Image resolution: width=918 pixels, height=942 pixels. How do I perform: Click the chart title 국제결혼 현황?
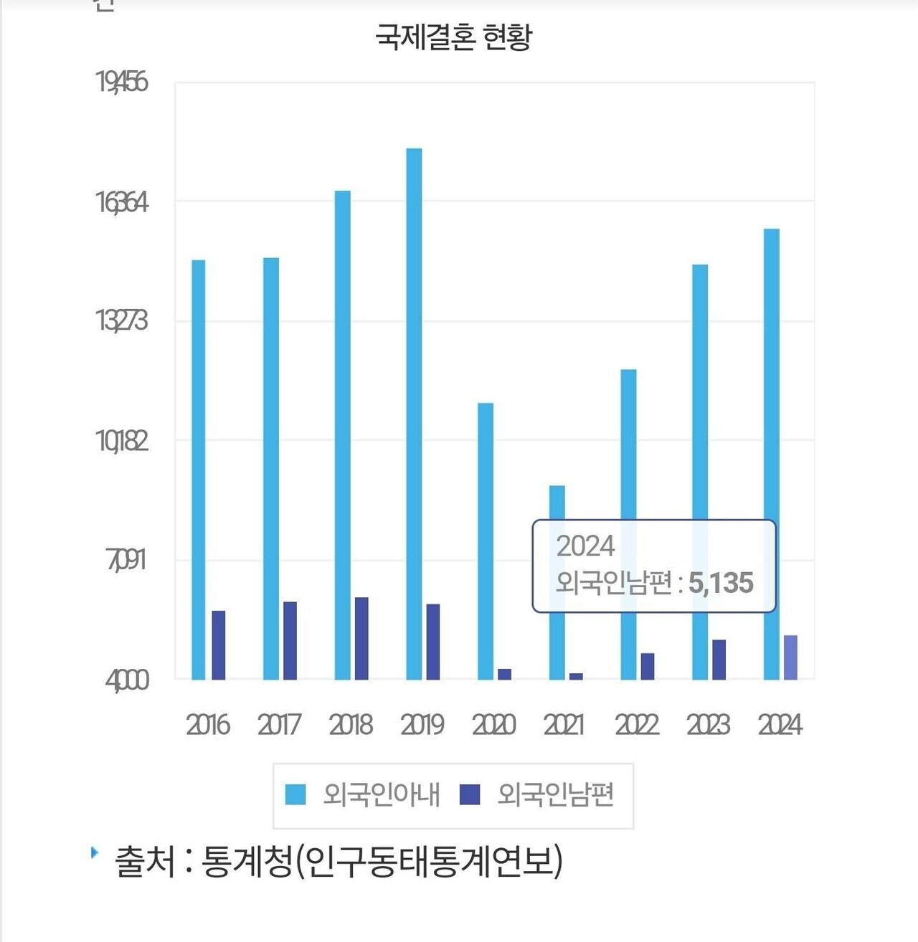tap(454, 37)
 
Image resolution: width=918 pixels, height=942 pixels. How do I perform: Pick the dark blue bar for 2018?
tap(361, 638)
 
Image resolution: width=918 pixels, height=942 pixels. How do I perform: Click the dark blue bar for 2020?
tap(504, 674)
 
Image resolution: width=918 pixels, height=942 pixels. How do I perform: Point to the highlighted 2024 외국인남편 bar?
tap(790, 657)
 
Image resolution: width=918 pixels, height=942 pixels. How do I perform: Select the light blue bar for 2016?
tap(199, 470)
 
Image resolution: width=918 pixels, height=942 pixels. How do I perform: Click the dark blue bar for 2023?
tap(719, 660)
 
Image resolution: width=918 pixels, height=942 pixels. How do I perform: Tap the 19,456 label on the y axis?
tap(122, 82)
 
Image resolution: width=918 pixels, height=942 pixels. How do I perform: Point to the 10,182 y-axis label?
tap(122, 442)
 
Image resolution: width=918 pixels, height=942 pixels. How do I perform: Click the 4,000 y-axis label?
tap(127, 680)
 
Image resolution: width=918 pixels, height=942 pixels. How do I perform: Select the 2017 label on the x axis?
tap(279, 725)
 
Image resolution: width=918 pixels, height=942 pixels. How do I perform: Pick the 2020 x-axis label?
tap(493, 725)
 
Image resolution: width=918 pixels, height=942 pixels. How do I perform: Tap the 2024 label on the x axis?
tap(780, 725)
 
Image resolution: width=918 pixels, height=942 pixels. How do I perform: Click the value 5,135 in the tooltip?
tap(721, 583)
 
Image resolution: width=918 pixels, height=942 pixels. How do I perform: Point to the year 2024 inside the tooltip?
tap(585, 546)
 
